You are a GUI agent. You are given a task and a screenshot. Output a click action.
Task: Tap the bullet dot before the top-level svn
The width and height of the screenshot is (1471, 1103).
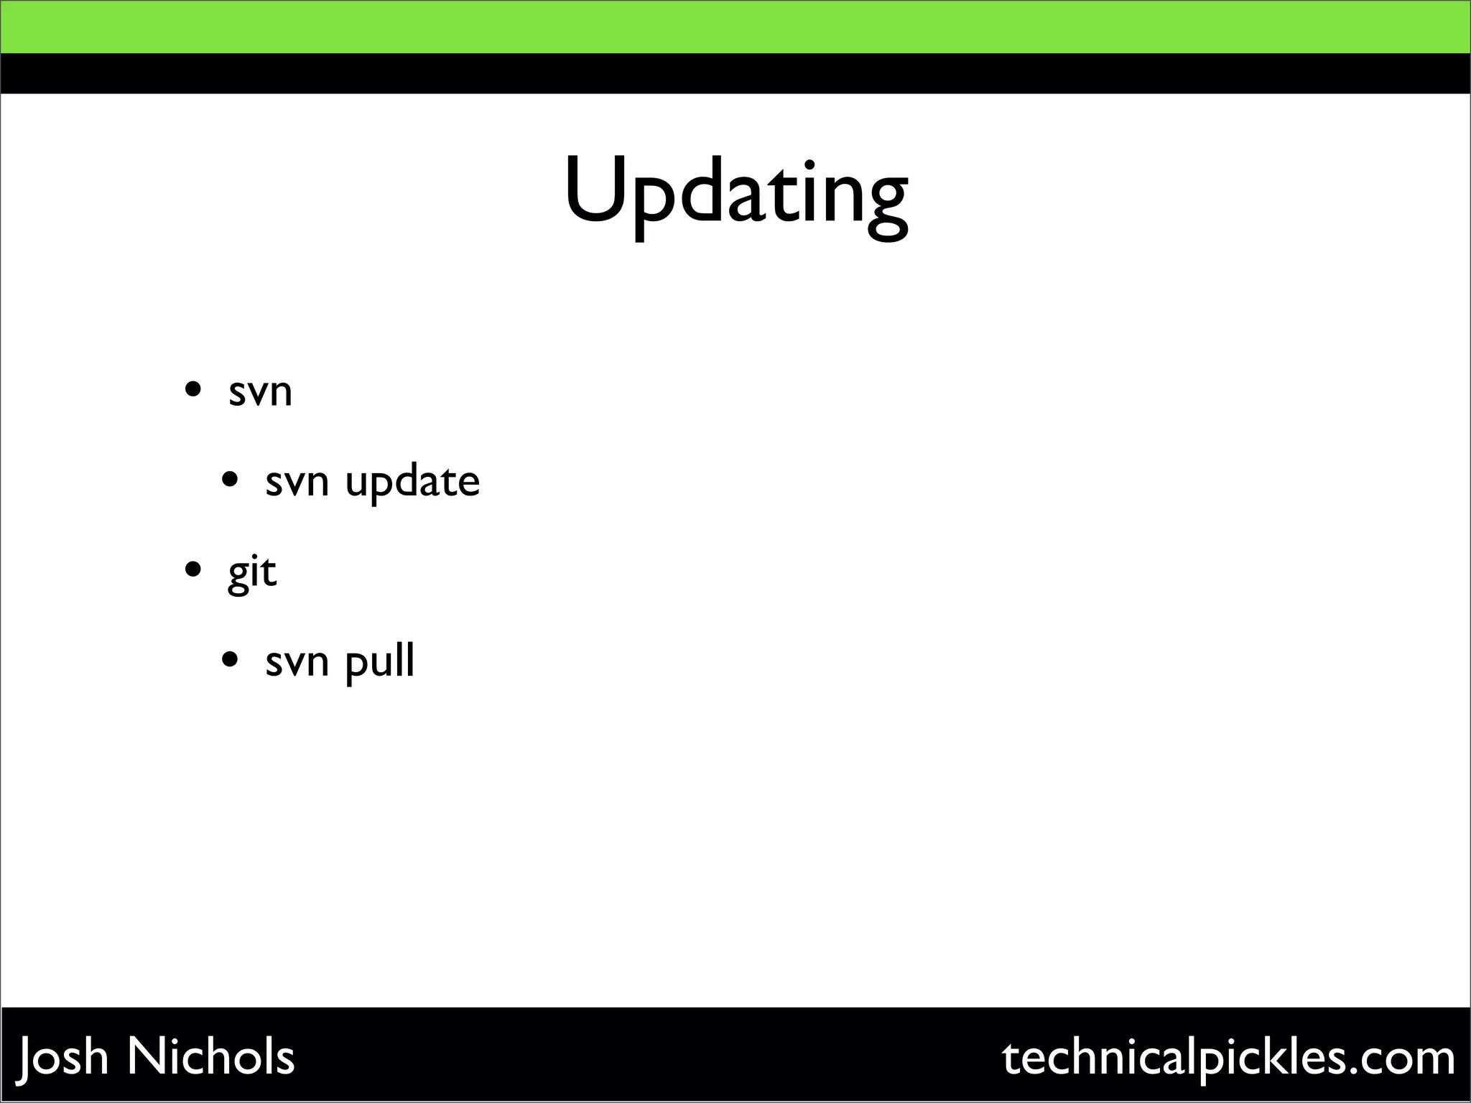[192, 391]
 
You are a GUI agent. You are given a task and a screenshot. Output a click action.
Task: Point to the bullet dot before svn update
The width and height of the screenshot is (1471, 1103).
[230, 479]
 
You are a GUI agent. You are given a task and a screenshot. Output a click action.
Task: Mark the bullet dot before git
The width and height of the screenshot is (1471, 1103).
[192, 570]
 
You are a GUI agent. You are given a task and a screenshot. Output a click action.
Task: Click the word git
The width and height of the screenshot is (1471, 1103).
[252, 573]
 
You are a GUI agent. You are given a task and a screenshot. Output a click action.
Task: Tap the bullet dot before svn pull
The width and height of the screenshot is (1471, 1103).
[230, 658]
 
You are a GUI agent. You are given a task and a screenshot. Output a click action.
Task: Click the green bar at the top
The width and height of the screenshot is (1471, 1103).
[735, 27]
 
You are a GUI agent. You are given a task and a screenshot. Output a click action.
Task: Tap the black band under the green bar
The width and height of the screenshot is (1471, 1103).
[735, 73]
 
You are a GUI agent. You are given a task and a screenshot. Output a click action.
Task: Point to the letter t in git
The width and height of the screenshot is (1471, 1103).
[269, 573]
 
